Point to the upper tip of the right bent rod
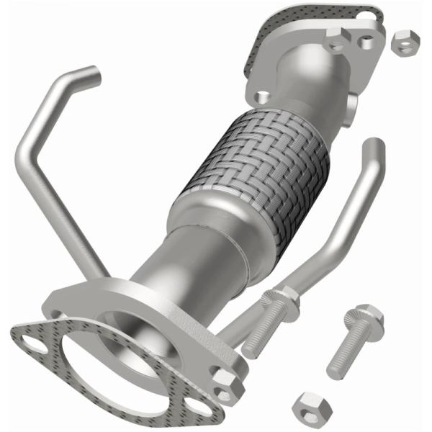[374, 148]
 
